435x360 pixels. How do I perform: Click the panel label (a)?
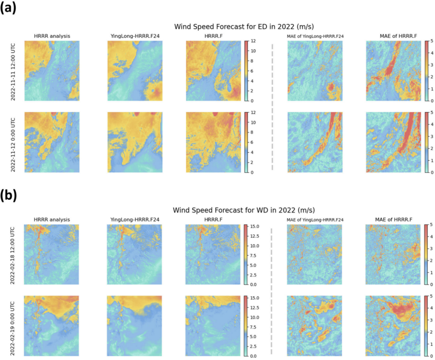pyautogui.click(x=10, y=9)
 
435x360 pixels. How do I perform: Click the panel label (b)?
pyautogui.click(x=10, y=195)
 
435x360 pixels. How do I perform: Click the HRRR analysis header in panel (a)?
pyautogui.click(x=52, y=36)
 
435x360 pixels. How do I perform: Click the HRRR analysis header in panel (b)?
pyautogui.click(x=52, y=220)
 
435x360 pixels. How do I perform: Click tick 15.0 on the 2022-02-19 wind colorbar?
pyautogui.click(x=255, y=298)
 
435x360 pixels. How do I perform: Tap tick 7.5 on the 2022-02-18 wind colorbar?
pyautogui.click(x=255, y=255)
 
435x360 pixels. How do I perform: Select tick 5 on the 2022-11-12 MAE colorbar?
pyautogui.click(x=430, y=113)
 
